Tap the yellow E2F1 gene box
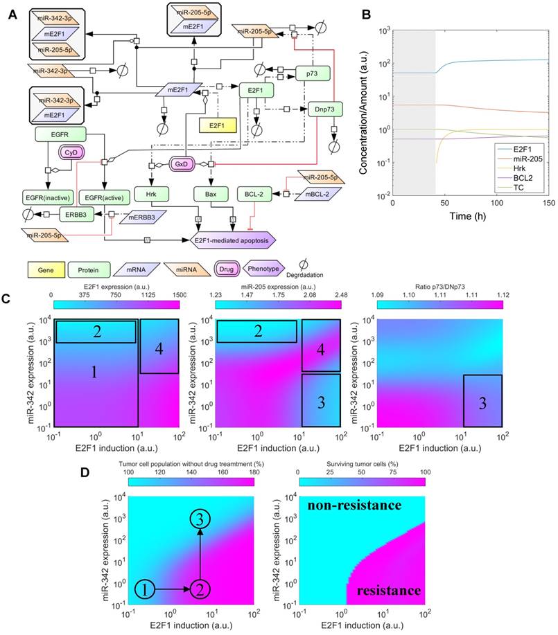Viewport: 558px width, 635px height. (x=218, y=125)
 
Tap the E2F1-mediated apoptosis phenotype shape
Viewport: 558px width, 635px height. (x=233, y=240)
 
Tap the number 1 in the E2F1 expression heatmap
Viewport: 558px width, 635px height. (x=94, y=373)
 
